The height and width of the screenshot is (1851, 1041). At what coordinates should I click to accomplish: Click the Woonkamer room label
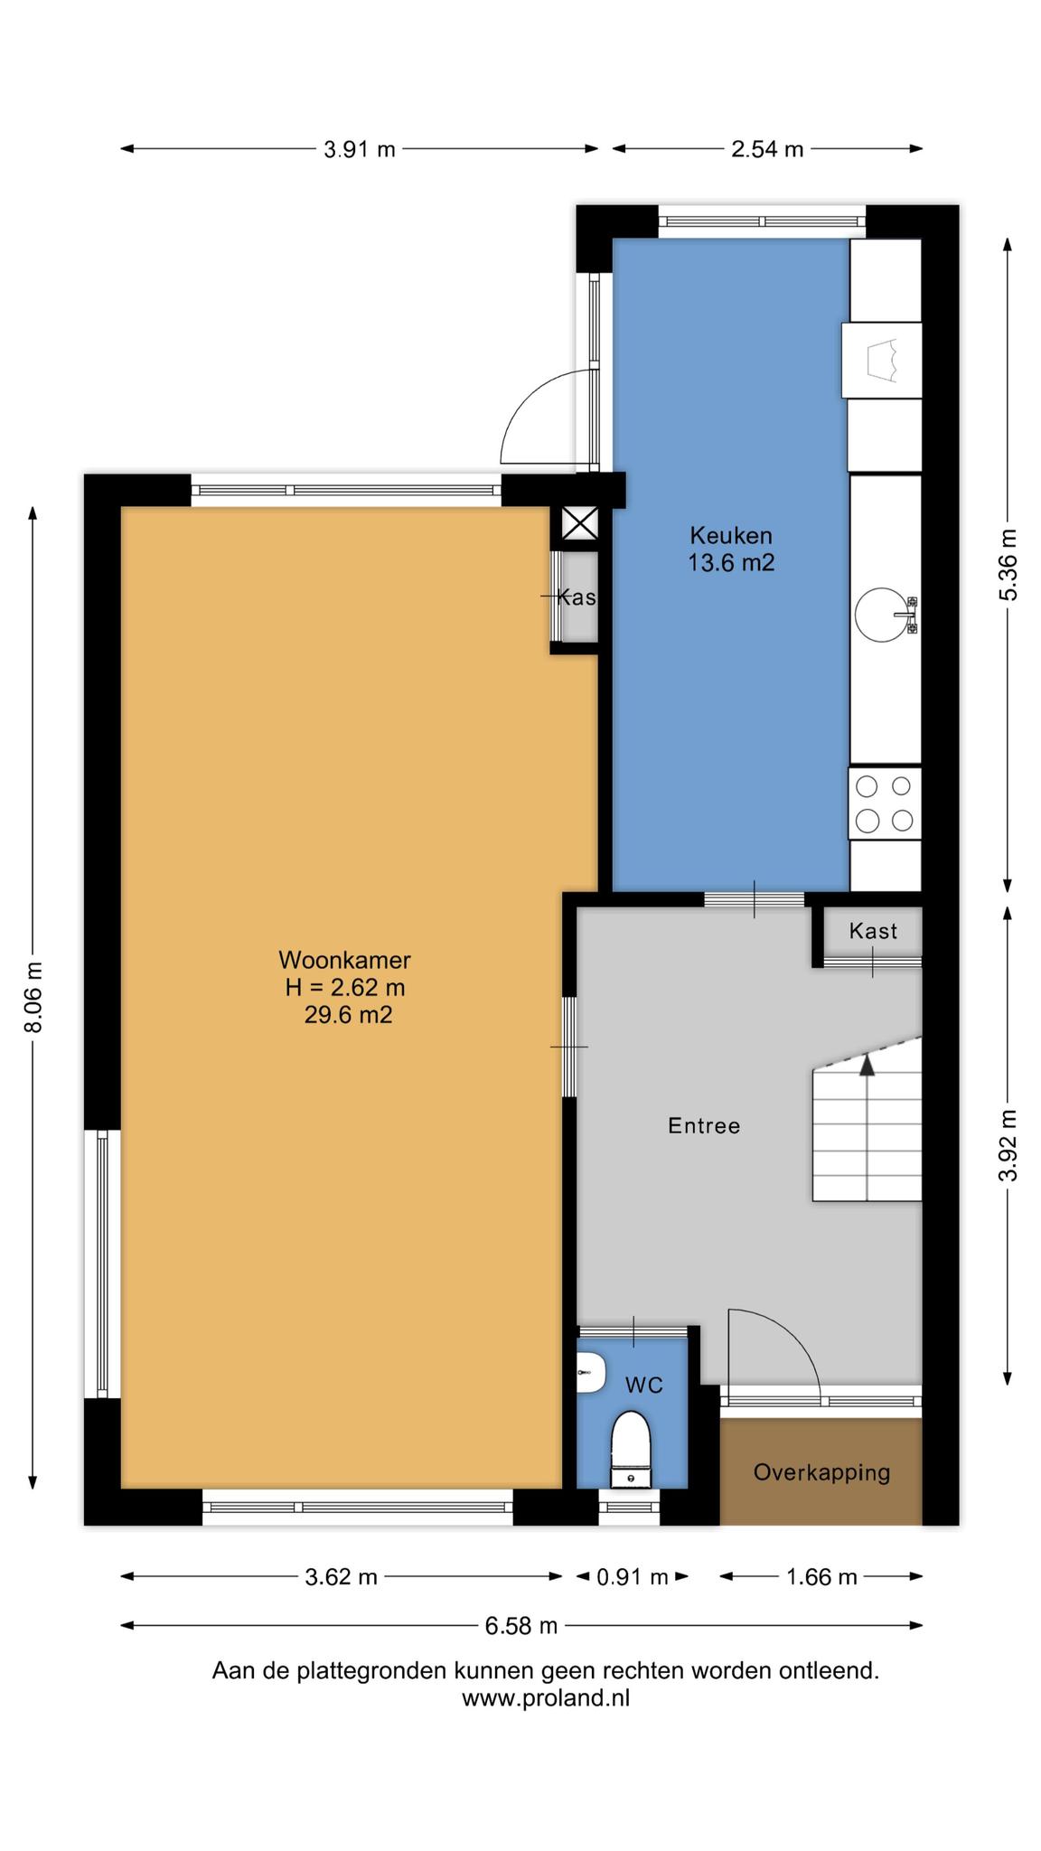point(344,960)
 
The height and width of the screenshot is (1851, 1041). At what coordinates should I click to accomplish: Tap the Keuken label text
point(731,535)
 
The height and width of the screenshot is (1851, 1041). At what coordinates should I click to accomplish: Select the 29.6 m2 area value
point(348,1015)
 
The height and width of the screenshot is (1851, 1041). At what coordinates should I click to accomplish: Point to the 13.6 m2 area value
point(731,563)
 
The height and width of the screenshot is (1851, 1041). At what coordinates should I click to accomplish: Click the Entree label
point(704,1126)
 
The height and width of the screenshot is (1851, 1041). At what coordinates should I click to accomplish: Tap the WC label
point(644,1386)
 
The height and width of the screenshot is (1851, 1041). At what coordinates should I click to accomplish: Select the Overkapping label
point(821,1473)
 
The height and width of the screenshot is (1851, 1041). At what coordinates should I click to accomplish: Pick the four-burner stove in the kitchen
point(885,803)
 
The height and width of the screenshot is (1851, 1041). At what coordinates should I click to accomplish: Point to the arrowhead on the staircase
point(867,1065)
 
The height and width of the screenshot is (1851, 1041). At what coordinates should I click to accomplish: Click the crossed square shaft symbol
point(579,522)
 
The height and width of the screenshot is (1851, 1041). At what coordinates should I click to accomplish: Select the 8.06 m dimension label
point(33,997)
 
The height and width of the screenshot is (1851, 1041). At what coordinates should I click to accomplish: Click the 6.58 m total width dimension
point(521,1626)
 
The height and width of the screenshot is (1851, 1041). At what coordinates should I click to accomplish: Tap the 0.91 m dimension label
point(633,1577)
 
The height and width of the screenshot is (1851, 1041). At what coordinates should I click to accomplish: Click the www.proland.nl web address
point(546,1698)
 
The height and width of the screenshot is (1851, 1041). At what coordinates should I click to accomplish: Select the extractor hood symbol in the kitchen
point(882,361)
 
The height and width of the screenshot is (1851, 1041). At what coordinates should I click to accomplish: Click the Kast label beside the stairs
point(873,931)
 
